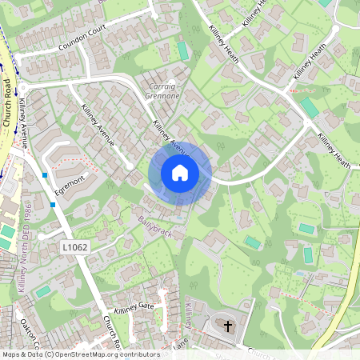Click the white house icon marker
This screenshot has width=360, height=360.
click(180, 173)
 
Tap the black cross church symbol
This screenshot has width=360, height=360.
click(228, 326)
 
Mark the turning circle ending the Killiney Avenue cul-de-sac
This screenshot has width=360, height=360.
click(130, 166)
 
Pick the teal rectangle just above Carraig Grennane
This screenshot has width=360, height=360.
click(183, 50)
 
